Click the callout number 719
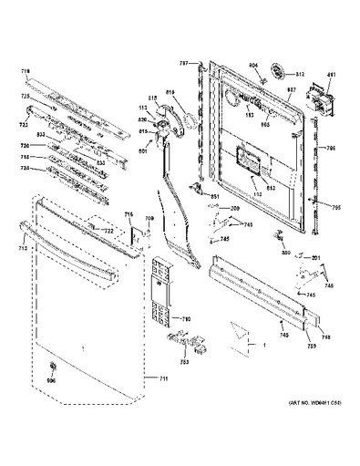pos(26,69)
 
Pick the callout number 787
pos(183,63)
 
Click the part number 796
pos(333,149)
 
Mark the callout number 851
pos(215,198)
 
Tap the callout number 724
pos(26,170)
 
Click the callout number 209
pos(234,209)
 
